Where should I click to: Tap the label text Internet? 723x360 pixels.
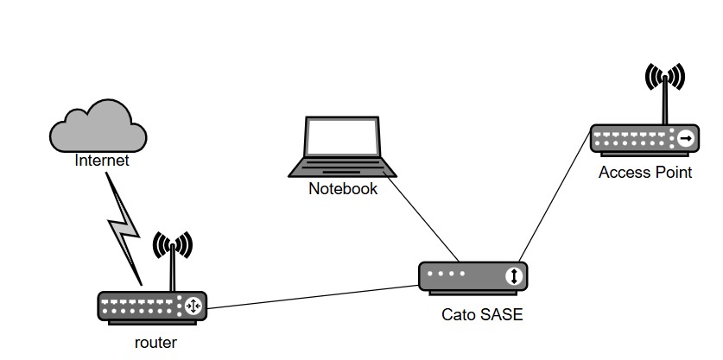point(102,160)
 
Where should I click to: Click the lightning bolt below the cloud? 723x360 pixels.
point(124,230)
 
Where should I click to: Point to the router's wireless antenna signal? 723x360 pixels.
point(173,247)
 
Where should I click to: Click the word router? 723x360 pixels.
point(156,343)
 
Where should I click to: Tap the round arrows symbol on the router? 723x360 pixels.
point(193,306)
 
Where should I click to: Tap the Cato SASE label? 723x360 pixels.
point(482,315)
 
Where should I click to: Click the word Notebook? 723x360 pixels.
point(343,188)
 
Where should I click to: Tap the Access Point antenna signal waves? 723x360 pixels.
point(665,77)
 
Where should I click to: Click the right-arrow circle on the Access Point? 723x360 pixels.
point(686,138)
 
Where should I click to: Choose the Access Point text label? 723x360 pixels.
point(645,173)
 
